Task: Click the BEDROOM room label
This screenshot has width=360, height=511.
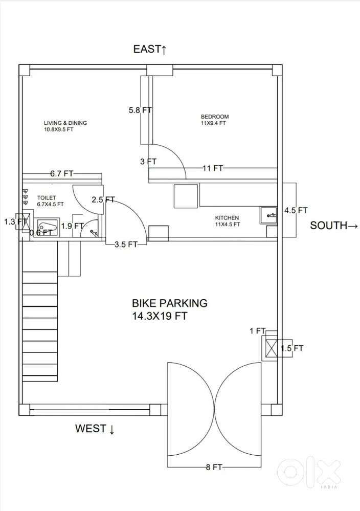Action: point(215,116)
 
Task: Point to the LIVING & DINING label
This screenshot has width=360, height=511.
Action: point(65,123)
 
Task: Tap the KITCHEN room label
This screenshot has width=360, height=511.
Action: point(227,218)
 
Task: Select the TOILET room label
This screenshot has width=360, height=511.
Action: point(47,197)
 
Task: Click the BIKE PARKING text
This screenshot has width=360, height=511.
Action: point(169,303)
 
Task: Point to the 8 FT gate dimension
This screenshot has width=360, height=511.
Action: point(214,468)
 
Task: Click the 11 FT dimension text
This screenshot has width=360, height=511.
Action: point(213,168)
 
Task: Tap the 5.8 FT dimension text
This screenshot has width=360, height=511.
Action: point(140,110)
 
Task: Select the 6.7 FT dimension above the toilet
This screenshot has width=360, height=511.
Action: point(61,174)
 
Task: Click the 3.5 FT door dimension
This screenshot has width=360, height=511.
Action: point(126,245)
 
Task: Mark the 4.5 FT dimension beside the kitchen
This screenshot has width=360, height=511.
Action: point(296,211)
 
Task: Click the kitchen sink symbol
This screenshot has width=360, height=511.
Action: point(268,215)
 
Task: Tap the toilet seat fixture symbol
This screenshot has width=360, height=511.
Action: point(46,226)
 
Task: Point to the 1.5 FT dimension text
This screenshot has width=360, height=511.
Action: point(292,348)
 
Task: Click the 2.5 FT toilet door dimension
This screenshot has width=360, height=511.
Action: point(103,199)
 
